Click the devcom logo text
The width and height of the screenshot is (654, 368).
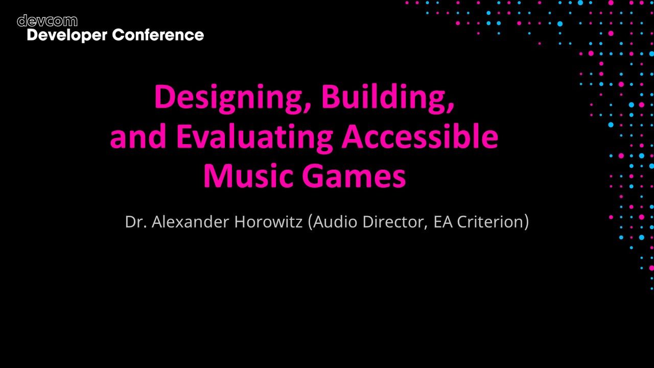pos(47,21)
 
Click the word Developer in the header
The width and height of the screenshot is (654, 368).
pos(66,35)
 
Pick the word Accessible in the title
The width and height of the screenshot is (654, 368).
pos(419,136)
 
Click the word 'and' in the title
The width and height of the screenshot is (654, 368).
pos(138,136)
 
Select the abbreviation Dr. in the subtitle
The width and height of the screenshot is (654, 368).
pos(135,222)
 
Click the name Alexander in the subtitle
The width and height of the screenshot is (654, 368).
pos(190,222)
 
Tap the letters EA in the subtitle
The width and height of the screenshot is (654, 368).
pos(441,222)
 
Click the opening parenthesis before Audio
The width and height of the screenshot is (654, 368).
pos(311,222)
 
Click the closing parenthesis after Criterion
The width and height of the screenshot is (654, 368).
pos(526,222)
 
